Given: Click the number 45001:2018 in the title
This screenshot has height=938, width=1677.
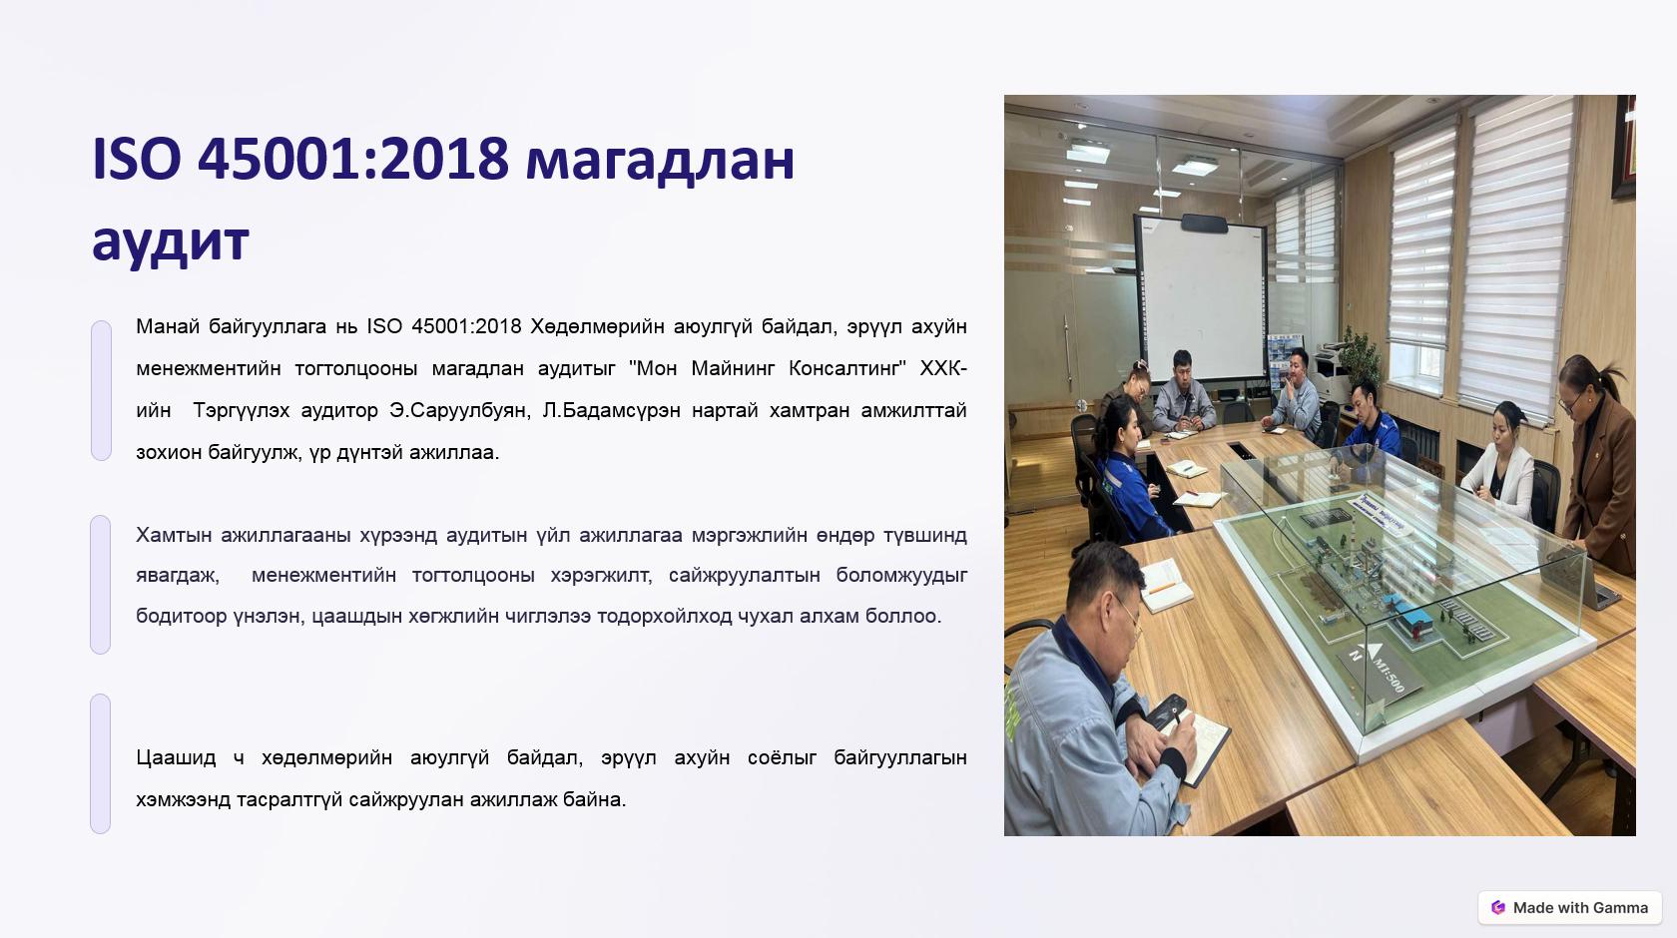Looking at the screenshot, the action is tap(352, 160).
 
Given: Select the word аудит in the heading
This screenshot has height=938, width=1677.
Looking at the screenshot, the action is tap(171, 241).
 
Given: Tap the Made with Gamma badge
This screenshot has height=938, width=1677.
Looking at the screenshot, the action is tap(1570, 907).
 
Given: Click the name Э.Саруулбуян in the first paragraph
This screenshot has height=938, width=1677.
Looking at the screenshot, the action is tap(459, 410).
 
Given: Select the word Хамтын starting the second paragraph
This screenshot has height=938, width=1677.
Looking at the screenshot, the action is tap(173, 535).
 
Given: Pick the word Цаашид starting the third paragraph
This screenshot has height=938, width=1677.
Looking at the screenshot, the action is tap(176, 757).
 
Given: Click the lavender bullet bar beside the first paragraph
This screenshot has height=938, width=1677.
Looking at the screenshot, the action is tap(101, 391).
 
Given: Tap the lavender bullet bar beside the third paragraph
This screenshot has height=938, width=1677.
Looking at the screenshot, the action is tap(100, 763).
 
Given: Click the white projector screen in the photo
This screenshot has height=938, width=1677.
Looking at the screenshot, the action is tap(1201, 298).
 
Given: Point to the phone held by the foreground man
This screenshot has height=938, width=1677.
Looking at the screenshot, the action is tap(1165, 711).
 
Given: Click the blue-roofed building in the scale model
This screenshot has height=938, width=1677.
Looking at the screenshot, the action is tap(1410, 619).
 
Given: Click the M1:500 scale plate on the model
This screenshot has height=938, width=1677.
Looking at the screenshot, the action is tap(1374, 670).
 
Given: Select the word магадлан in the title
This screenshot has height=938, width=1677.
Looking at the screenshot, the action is tap(660, 160).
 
